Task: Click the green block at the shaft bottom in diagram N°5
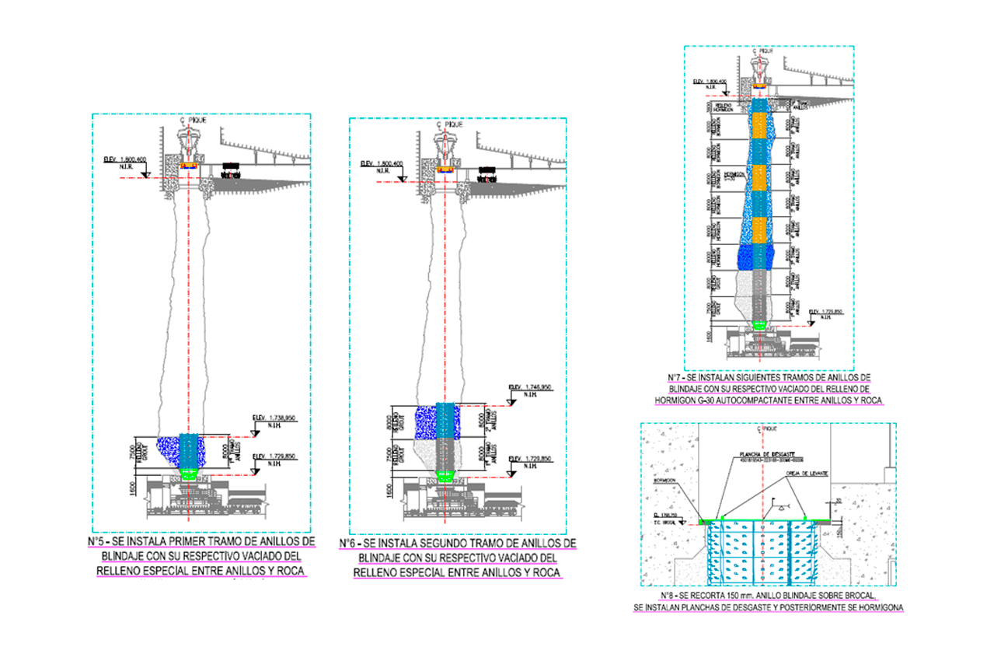(190, 471)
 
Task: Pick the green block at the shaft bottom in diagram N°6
(444, 477)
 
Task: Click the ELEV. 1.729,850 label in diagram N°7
(826, 312)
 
